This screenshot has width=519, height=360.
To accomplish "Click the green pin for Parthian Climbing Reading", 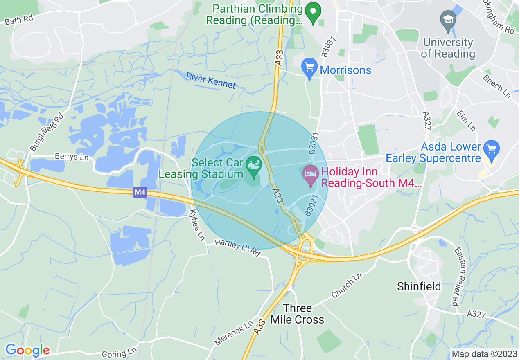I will tap(314, 13).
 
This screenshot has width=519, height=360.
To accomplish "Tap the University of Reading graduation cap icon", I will tap(448, 21).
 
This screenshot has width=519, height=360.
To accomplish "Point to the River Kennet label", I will tap(211, 80).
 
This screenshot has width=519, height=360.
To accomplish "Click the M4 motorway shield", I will tap(140, 192).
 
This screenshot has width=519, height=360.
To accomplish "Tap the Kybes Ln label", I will tap(196, 225).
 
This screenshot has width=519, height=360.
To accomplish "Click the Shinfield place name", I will tap(419, 286).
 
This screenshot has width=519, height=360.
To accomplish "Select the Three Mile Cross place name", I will tap(298, 314).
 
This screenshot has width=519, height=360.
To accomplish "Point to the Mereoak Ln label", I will tap(234, 333).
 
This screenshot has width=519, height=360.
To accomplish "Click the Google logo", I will tap(27, 350).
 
